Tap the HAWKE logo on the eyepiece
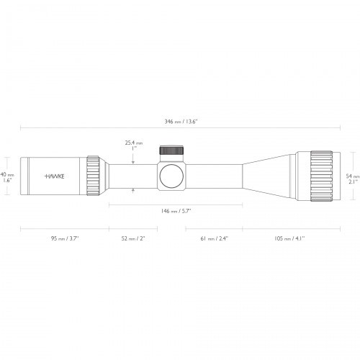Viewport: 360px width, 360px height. [53, 175]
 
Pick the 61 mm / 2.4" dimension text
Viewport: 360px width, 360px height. [214, 238]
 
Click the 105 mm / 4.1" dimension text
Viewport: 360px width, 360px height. [287, 238]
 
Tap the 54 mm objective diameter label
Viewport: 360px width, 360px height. [352, 176]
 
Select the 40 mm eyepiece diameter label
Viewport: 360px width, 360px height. [6, 175]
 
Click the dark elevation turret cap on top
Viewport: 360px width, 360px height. [171, 150]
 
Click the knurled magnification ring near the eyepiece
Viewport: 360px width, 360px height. [94, 175]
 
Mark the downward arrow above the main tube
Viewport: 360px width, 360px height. [134, 161]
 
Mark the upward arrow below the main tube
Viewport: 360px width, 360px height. [134, 189]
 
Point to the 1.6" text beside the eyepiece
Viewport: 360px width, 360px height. [6, 181]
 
